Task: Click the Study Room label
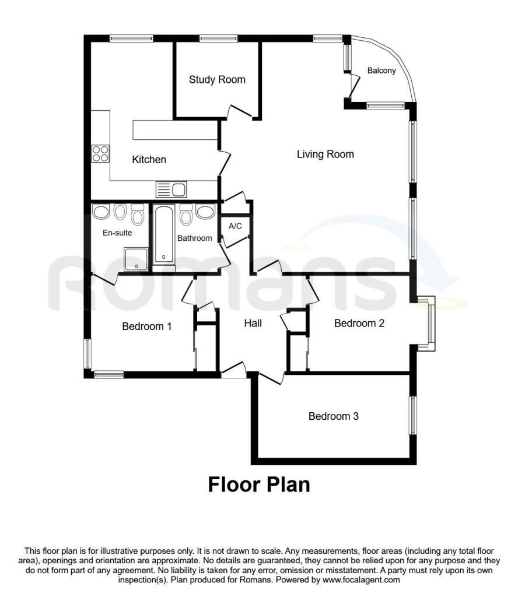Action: (217, 79)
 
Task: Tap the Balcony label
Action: (381, 71)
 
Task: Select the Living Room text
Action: (325, 154)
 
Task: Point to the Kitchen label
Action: (149, 160)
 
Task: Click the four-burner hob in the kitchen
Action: (100, 154)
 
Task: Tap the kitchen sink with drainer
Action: (171, 189)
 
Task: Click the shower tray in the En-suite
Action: (136, 259)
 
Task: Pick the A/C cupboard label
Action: (235, 226)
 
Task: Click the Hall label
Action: (253, 323)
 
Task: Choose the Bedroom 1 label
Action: (146, 326)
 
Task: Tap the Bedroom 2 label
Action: (359, 323)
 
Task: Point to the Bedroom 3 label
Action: (333, 416)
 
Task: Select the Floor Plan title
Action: (259, 484)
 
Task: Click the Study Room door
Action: (240, 111)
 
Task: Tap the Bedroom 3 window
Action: (413, 415)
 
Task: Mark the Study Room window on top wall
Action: (219, 38)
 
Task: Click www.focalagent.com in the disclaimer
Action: (361, 580)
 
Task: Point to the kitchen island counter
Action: (175, 130)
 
